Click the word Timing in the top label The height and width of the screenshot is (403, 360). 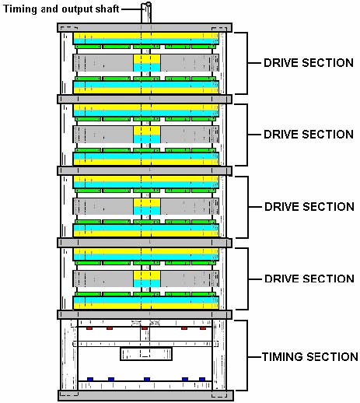click(20, 9)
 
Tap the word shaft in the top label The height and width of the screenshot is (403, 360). click(107, 9)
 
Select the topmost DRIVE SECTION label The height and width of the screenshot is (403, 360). click(309, 63)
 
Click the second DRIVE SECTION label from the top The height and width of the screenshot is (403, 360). click(309, 135)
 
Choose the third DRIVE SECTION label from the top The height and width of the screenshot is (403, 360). click(309, 207)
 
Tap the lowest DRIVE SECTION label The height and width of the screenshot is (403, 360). click(309, 279)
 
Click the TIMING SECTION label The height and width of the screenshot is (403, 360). click(310, 357)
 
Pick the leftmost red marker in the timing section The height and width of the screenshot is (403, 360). click(89, 328)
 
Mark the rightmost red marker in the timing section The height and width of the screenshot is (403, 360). click(203, 328)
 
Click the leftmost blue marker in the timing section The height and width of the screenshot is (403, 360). click(90, 379)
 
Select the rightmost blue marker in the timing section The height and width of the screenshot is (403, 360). click(202, 379)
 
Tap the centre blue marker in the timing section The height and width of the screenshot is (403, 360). click(147, 379)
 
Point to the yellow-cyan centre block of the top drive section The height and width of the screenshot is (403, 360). click(147, 63)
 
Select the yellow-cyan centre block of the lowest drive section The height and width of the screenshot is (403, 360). click(147, 279)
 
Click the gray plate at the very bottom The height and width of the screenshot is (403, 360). click(145, 395)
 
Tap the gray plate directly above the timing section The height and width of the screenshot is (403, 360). click(145, 314)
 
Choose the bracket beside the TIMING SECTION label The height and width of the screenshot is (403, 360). click(246, 356)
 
